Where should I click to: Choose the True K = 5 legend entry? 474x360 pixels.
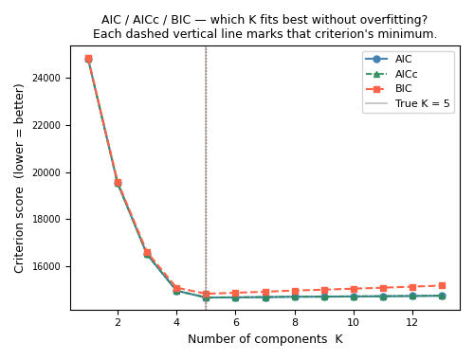click(422, 103)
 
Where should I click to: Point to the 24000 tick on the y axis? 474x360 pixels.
click(48, 78)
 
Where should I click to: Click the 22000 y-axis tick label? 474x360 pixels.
click(48, 125)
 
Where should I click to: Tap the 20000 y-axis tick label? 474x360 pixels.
click(48, 172)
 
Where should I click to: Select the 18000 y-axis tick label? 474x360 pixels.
click(48, 219)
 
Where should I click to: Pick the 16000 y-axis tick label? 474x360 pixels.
click(48, 266)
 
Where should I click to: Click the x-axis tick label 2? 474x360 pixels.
click(118, 323)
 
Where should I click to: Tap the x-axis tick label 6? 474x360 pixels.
click(235, 323)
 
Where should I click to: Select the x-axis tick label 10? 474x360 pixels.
click(354, 323)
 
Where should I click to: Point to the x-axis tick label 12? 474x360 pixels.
click(412, 323)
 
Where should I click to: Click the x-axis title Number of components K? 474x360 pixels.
click(265, 339)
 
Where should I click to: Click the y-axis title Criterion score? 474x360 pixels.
click(20, 178)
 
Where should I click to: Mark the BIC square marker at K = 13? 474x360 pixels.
click(442, 285)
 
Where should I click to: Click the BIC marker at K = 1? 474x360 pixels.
click(88, 58)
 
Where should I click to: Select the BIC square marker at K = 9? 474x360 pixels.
click(324, 290)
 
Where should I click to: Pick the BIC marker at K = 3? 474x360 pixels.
click(147, 253)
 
